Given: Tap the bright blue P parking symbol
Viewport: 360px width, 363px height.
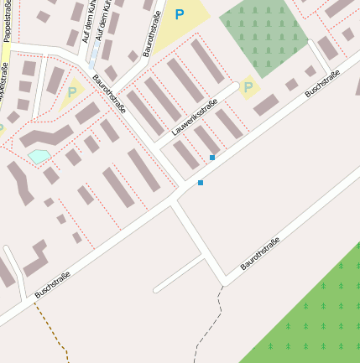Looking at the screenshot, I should click(179, 14).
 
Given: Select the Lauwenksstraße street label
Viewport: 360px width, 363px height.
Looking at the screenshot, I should click(194, 117).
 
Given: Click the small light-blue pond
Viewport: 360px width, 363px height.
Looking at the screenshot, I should click(39, 156).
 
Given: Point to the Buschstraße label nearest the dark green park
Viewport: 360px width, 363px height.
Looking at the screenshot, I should click(322, 83).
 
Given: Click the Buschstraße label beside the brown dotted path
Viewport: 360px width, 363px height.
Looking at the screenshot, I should click(52, 284).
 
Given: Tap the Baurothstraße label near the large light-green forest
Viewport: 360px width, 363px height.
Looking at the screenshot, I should click(259, 253).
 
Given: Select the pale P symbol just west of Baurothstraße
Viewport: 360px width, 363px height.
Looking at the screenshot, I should click(71, 93).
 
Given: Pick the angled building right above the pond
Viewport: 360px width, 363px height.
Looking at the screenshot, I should click(46, 135).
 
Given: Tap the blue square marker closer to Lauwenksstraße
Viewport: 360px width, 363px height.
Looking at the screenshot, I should click(212, 158).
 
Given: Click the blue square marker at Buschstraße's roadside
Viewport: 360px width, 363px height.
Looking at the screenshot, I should click(201, 183).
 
